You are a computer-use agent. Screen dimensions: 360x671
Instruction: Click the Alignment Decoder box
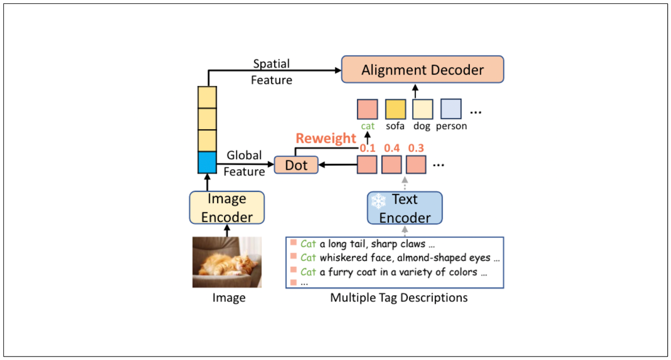(422, 70)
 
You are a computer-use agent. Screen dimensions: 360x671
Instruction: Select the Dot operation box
(296, 165)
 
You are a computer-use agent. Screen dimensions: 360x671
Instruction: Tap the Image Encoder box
(227, 208)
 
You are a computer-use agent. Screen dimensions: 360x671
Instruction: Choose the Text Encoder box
(405, 208)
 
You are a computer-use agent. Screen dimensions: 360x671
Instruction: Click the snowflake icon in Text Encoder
(378, 201)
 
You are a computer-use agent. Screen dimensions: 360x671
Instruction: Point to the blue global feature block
(207, 163)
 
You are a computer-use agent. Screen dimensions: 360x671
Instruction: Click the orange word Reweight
(325, 138)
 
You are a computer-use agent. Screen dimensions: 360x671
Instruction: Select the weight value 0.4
(392, 148)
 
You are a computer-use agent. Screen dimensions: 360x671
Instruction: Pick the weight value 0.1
(367, 148)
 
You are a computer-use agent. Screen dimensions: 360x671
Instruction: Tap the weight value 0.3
(416, 148)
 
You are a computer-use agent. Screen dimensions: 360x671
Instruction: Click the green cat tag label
(367, 126)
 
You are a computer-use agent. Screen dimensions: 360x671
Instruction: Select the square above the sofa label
(395, 109)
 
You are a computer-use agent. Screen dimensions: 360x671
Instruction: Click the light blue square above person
(451, 109)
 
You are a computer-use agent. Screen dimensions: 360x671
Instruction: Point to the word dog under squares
(421, 126)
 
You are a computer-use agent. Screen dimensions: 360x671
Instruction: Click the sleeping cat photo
(227, 262)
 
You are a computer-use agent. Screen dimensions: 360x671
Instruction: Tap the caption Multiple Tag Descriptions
(398, 298)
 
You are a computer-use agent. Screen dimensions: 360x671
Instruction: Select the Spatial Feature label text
(271, 72)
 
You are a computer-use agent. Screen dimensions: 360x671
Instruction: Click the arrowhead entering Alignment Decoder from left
(338, 70)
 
